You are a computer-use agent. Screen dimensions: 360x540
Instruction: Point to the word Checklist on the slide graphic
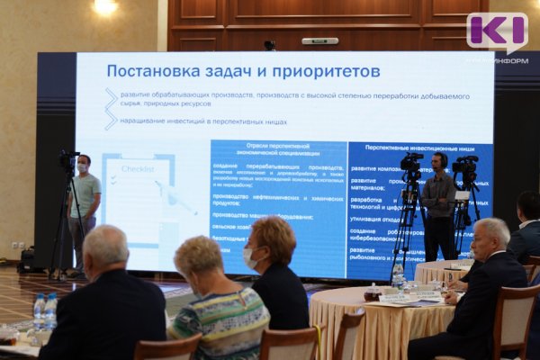click(x=137, y=168)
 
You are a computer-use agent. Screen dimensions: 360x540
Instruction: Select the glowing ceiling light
click(x=105, y=6)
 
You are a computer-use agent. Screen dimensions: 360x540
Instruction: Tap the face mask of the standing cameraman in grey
click(x=83, y=167)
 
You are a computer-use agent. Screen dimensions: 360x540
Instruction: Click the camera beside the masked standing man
click(x=68, y=161)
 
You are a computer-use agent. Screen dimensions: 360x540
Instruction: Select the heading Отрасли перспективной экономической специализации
click(x=278, y=149)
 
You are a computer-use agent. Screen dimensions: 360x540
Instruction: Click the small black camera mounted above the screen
click(x=270, y=45)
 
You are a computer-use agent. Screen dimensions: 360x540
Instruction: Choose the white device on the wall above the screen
click(x=319, y=40)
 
